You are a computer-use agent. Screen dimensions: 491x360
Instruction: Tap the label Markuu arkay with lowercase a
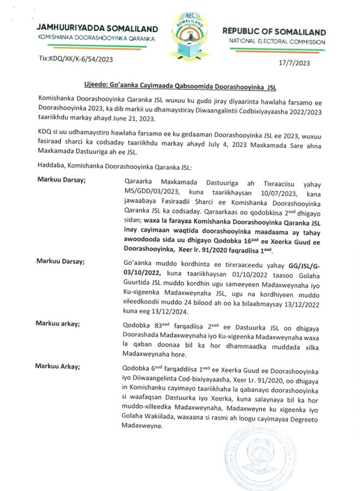pos(58,324)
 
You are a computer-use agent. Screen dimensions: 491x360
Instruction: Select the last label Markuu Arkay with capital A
pos(58,364)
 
